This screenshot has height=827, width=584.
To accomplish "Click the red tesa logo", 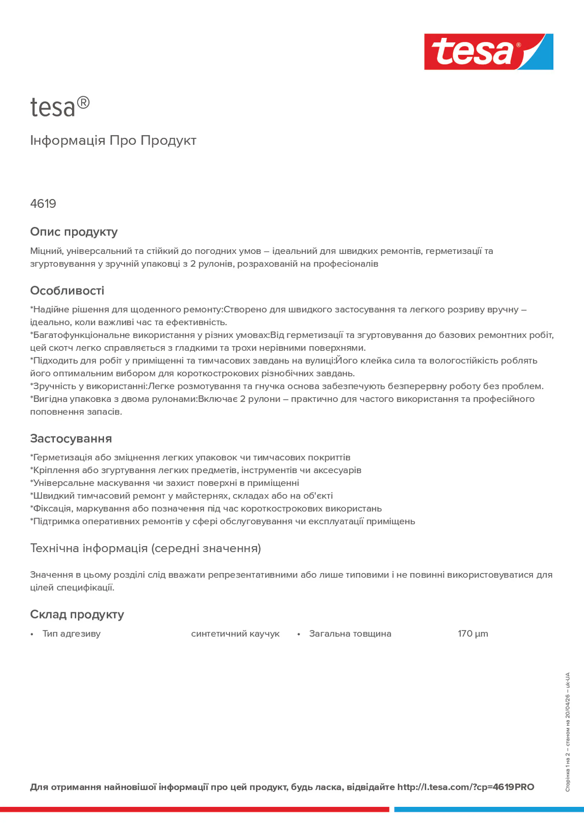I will coord(472,52).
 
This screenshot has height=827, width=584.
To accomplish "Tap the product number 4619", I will coord(43,204).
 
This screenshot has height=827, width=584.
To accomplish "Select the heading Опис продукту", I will coord(74,232).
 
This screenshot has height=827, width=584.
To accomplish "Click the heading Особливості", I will coord(67,291).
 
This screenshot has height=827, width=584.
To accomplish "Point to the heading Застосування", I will coord(71,439).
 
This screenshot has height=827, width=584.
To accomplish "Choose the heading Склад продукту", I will coord(77,615).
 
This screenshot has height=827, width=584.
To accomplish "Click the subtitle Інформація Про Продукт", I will coord(113,141).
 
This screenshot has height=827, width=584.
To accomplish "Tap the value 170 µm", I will coord(473,634).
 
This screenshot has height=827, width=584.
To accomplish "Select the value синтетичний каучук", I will coord(235,634).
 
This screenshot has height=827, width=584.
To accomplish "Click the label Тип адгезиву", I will coord(71,634).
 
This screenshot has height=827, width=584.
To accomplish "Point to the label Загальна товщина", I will coord(350,634).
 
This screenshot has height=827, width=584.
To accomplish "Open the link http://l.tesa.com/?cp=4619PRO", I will coord(465,787).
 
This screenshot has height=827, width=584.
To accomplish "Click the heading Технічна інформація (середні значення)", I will coord(145,549).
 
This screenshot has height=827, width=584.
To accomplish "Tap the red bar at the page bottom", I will coord(194,810).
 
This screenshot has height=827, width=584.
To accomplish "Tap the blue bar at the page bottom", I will coord(489,810).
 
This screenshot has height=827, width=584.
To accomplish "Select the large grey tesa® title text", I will coord(60,107).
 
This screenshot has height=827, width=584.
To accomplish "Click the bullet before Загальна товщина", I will coord(298,634).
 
